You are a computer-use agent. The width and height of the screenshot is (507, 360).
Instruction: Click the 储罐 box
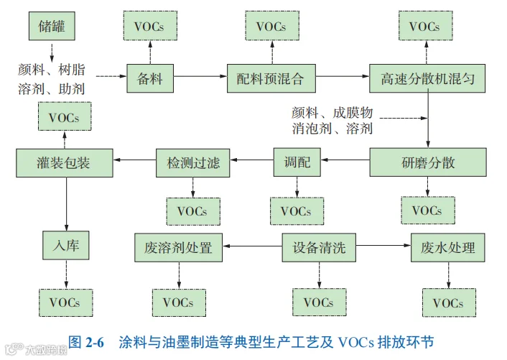pos(52,26)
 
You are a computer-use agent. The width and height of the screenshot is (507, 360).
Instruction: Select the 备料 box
pos(150,78)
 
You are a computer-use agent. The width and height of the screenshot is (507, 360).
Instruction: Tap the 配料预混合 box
pos(271,78)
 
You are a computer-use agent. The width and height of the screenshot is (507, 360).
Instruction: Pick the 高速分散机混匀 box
pos(427,78)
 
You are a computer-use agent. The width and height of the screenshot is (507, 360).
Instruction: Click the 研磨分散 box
pos(428,162)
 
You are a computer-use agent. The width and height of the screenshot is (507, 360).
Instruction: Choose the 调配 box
pos(297,162)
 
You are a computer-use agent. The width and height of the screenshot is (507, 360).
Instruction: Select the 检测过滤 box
pos(192,162)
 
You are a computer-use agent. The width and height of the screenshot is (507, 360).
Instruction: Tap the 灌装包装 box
pos(65,162)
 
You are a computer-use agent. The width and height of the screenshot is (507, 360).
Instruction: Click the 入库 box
pos(65,245)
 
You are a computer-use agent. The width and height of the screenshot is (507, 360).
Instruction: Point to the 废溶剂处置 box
pos(179,247)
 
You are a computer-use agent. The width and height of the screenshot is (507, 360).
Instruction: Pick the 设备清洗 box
pos(319,247)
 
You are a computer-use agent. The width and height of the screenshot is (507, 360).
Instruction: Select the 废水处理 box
pos(448,247)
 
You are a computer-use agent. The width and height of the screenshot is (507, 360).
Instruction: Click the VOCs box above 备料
pos(150,26)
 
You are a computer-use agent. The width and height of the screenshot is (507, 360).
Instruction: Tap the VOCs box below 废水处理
pos(449,303)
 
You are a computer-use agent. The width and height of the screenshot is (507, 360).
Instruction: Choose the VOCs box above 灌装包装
pos(65,116)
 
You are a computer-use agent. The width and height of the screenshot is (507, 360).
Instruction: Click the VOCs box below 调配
pos(297,211)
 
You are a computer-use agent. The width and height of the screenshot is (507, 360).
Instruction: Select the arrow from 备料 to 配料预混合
pos(200,76)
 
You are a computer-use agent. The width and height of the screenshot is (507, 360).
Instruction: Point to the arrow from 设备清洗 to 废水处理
pos(383,245)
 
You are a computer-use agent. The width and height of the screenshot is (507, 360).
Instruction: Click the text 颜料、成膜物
pos(332,113)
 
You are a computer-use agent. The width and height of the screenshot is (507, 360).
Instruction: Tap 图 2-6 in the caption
pos(86,342)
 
